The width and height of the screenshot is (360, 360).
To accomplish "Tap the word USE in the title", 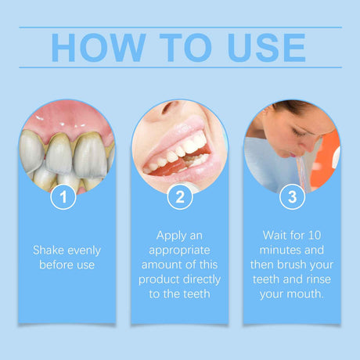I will (x=262, y=48).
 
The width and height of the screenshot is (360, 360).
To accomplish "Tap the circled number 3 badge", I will (x=292, y=197).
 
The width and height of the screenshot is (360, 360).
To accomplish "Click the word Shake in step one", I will (x=49, y=250).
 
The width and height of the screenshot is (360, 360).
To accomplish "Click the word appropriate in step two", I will (x=179, y=250).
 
